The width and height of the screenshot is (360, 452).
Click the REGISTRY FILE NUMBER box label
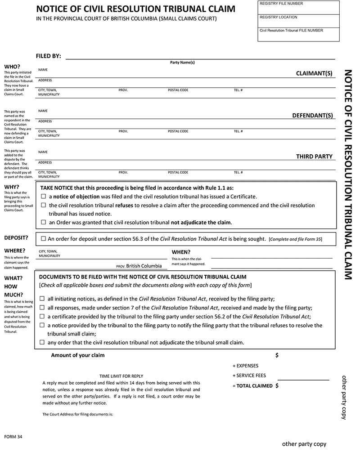point(281,4)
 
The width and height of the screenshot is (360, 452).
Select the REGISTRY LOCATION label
point(279,17)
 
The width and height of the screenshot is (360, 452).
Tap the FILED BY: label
point(48,56)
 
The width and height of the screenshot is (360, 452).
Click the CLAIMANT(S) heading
point(314,73)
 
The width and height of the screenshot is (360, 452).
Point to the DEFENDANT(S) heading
point(313,115)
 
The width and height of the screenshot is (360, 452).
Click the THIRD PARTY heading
point(314,157)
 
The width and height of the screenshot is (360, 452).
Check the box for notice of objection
point(44,197)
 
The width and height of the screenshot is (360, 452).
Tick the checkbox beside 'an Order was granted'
point(44,222)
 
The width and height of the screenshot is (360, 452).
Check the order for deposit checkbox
point(44,239)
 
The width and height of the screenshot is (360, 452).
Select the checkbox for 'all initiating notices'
point(42,299)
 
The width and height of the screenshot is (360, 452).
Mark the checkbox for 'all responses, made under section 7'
point(42,308)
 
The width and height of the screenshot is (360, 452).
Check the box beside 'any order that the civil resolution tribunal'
point(42,342)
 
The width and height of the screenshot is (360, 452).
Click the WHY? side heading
point(12,187)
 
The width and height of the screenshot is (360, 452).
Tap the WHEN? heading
point(181,252)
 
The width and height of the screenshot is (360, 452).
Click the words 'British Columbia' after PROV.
point(144,266)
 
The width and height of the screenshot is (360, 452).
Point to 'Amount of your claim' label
point(78,355)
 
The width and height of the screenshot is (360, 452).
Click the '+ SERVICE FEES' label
point(249,376)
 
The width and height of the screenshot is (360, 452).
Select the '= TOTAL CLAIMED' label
point(253,386)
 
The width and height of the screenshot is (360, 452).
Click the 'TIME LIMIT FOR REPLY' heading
point(121,376)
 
